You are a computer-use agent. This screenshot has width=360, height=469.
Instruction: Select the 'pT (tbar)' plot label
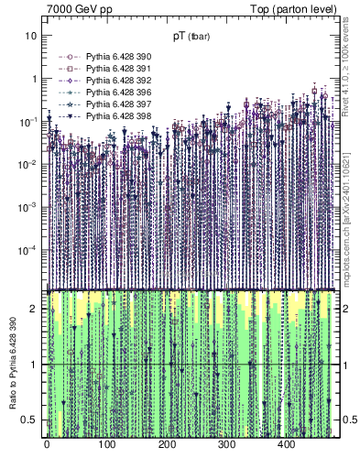point(192,37)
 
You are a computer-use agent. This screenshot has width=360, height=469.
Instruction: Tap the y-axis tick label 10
point(31,36)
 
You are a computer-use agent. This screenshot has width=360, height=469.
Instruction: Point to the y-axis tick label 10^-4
point(27,250)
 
